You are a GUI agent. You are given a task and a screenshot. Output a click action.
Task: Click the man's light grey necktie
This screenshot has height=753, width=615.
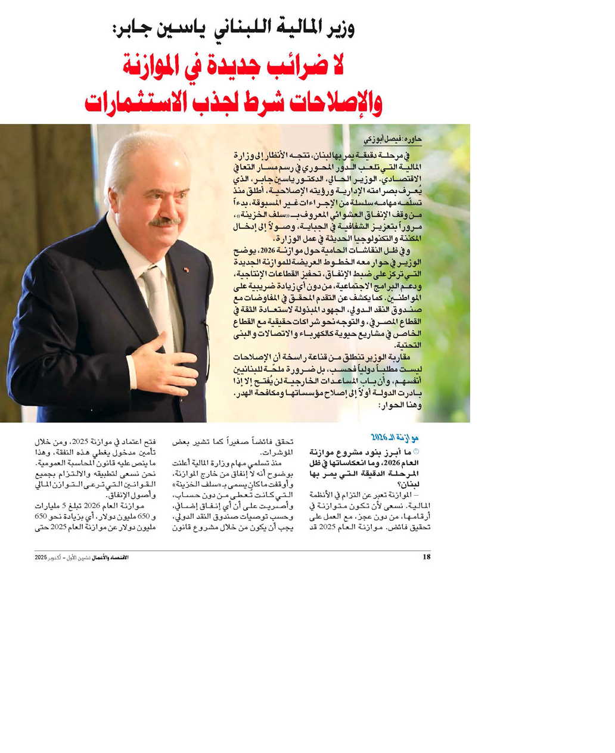pos(156,298)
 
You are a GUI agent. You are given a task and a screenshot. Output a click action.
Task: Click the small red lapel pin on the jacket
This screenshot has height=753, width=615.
pos(186,269)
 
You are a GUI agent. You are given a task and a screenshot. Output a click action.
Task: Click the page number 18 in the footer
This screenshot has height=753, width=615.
pos(425,557)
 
